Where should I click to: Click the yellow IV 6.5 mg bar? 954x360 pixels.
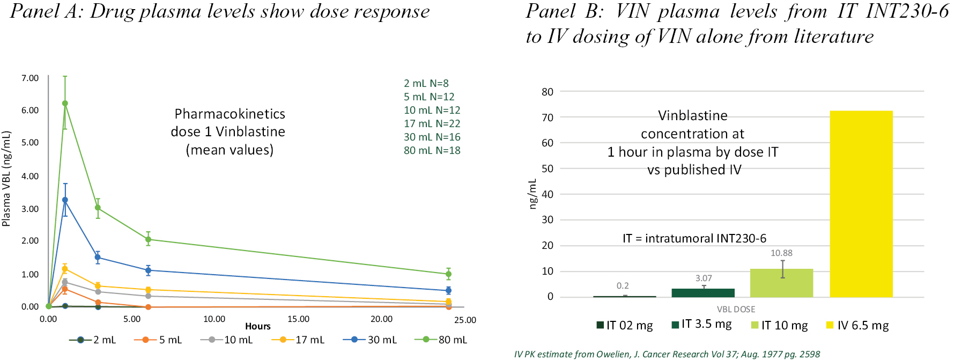pos(861,204)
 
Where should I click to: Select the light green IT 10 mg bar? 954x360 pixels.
pos(781,283)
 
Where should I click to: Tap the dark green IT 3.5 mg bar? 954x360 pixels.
pos(703,292)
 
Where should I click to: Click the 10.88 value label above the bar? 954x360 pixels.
pos(781,253)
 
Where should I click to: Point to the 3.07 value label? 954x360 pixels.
pos(704,278)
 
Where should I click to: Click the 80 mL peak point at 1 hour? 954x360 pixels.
pos(65,104)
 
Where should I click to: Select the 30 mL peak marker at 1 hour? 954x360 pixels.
pos(65,200)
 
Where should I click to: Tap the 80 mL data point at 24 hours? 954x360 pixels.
pos(448,274)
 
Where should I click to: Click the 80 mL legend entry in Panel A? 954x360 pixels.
pos(441,340)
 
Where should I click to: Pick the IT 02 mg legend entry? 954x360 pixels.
pos(625,326)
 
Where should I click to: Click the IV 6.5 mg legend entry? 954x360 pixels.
pos(857,326)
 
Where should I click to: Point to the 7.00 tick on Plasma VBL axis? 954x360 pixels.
pos(30,78)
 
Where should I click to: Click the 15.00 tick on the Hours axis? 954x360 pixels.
pos(298,319)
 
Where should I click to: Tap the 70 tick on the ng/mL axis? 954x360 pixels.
pos(547,117)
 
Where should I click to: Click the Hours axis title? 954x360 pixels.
pos(257,326)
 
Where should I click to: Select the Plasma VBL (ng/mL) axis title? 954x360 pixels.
pos(6,179)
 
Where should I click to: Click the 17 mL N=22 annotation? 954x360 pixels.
pos(432,123)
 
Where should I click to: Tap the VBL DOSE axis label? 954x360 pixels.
pos(736,310)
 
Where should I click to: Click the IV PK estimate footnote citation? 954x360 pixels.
pos(667,354)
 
